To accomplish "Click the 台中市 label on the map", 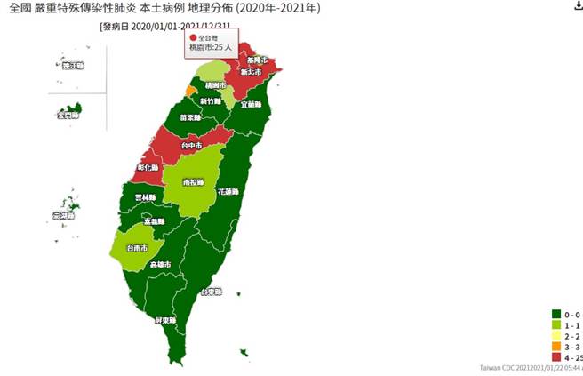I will point(192,145).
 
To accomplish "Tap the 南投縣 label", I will point(190,182).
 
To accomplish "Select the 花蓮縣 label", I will point(228,191).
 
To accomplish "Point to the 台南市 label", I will point(137,248).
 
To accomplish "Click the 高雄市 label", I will point(161,265).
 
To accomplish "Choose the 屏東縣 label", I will point(164,319).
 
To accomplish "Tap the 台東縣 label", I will point(211,292).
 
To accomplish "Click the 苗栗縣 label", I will point(188,117).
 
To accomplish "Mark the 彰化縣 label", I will point(148,168).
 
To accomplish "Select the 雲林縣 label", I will point(145,197).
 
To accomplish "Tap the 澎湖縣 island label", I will point(64,216).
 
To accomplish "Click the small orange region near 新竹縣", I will point(191,91).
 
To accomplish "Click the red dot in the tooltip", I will point(192,39).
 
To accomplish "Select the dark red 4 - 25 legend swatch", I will point(555,356).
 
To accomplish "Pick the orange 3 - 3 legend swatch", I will point(555,346).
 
